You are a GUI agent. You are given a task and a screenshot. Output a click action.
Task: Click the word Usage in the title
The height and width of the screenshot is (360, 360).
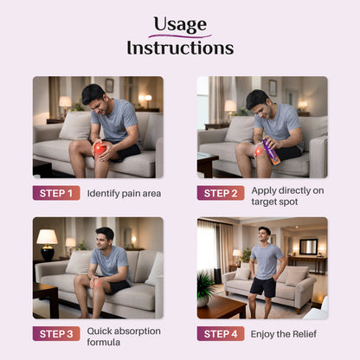coord(180,24)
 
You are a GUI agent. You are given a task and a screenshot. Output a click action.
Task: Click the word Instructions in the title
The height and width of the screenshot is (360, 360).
coord(180,48)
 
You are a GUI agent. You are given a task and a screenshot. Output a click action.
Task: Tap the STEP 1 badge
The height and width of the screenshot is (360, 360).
coord(56,193)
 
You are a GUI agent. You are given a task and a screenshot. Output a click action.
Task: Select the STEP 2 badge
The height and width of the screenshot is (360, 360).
coord(221,193)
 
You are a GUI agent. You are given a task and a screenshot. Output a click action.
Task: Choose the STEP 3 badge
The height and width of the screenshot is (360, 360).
coord(56,334)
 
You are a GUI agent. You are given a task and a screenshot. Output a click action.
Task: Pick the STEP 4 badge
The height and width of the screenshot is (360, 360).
coord(221,334)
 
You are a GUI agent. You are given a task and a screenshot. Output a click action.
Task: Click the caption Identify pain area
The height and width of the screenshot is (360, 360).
coord(124,194)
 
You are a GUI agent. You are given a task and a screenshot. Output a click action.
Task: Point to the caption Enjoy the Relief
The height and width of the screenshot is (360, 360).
coord(284,334)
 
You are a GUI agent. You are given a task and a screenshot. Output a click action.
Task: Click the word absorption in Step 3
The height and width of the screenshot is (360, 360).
coord(137,331)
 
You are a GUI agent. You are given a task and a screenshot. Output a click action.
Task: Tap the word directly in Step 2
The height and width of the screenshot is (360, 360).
coord(295,190)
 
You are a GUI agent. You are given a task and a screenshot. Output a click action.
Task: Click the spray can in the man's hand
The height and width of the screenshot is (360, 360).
coord(272,151)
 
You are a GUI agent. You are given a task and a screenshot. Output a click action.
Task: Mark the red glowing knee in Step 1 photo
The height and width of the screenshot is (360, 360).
coord(100,149)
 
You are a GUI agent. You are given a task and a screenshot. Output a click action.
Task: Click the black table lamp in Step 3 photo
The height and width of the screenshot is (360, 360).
coord(47,245)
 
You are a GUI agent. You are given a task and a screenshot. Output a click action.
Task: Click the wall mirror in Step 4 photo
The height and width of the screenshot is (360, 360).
coord(309,247)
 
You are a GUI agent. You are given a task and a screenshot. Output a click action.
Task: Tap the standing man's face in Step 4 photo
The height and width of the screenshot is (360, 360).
coord(264,235)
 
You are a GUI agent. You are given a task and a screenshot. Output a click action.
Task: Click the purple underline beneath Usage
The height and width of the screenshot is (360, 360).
coord(180,36)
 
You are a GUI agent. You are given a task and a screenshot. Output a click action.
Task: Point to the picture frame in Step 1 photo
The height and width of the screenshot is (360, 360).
coord(109,86)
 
